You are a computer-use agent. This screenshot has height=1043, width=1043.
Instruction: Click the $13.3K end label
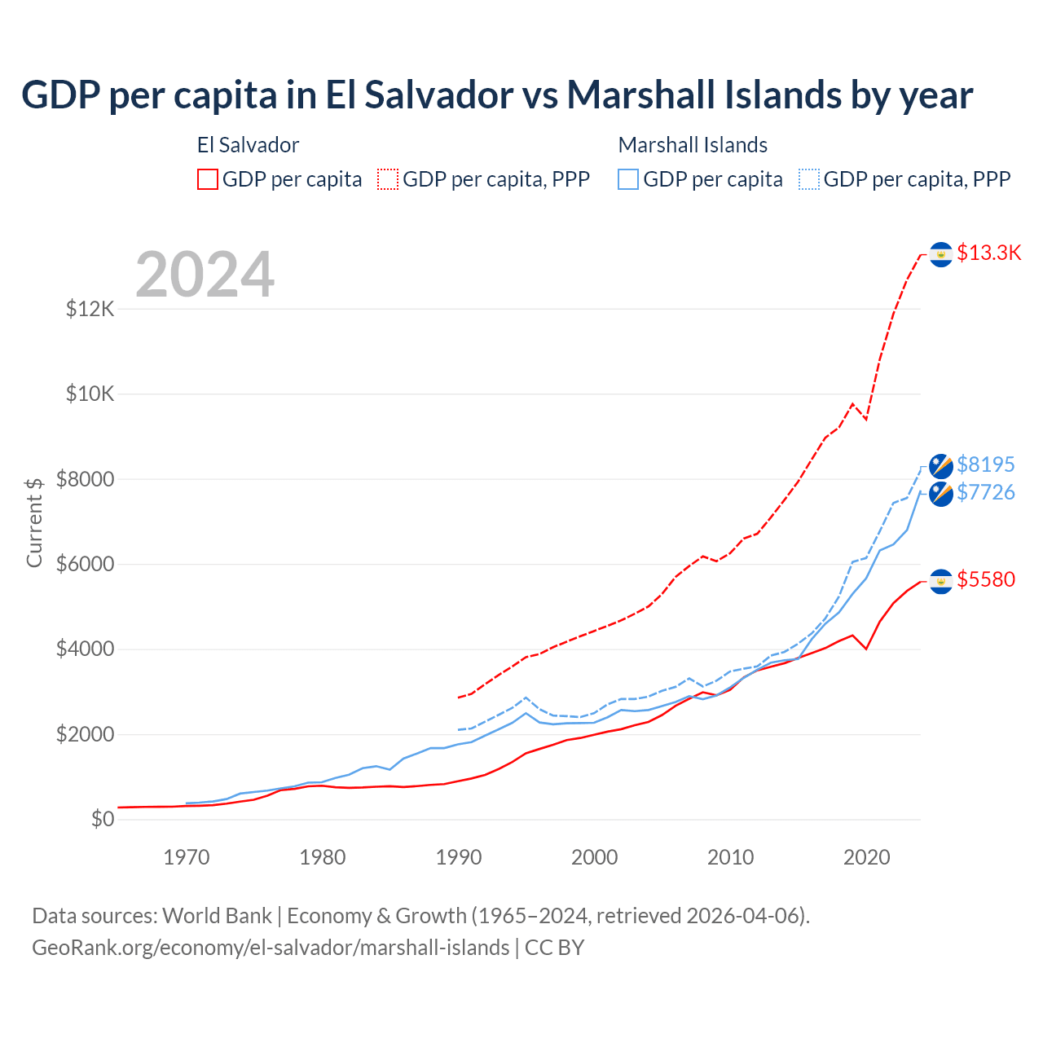pyautogui.click(x=988, y=253)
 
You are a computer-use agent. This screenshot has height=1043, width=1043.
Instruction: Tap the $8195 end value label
pyautogui.click(x=985, y=464)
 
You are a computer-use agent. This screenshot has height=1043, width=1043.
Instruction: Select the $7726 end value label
pyautogui.click(x=985, y=492)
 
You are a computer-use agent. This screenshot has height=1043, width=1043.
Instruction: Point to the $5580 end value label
pyautogui.click(x=985, y=579)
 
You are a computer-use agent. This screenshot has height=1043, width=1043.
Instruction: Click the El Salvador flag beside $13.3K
pyautogui.click(x=941, y=255)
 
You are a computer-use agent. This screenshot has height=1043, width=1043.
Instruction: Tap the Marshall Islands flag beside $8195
pyautogui.click(x=941, y=466)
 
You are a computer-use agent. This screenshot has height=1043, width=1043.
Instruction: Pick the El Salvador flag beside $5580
pyautogui.click(x=941, y=581)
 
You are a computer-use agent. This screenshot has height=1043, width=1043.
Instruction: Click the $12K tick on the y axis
pyautogui.click(x=90, y=310)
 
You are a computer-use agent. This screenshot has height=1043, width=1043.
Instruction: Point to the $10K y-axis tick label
pyautogui.click(x=90, y=394)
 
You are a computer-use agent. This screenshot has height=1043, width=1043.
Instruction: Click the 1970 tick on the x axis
pyautogui.click(x=187, y=857)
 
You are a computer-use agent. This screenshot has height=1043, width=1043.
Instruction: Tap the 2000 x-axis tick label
pyautogui.click(x=595, y=857)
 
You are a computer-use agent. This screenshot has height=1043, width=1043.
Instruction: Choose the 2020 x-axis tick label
pyautogui.click(x=866, y=857)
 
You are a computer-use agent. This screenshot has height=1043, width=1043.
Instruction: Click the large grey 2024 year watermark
pyautogui.click(x=205, y=275)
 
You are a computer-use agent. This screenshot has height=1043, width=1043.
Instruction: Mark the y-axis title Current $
pyautogui.click(x=34, y=522)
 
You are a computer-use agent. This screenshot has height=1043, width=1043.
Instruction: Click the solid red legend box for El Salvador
pyautogui.click(x=208, y=179)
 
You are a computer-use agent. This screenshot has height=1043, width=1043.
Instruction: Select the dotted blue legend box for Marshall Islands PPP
pyautogui.click(x=809, y=179)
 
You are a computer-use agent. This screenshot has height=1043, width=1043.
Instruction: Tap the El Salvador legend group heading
pyautogui.click(x=248, y=145)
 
